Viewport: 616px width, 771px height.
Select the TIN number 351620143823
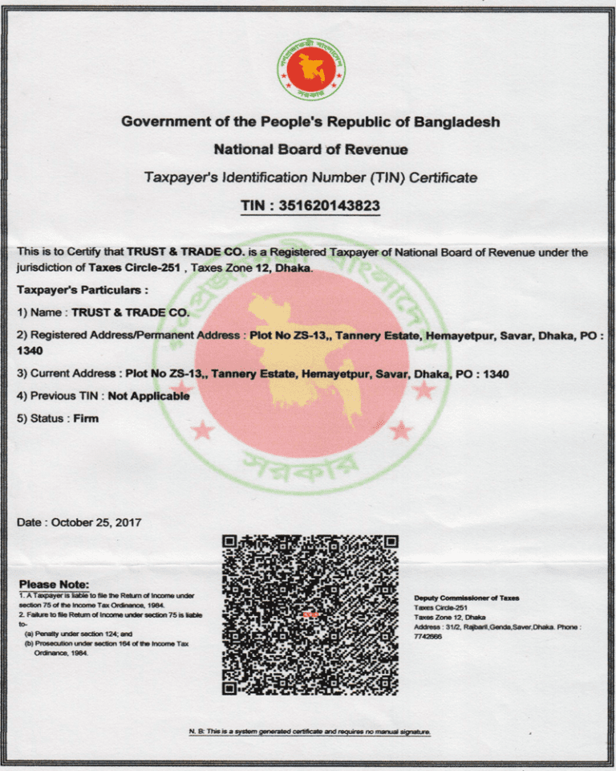328,206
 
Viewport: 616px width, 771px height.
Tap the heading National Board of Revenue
310,149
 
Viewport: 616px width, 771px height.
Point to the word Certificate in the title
444,177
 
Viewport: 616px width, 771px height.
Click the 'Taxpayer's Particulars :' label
82,289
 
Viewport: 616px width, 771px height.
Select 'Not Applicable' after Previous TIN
148,396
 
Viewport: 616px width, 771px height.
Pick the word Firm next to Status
86,418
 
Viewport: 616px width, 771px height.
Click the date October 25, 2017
96,522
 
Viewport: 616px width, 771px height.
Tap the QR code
310,614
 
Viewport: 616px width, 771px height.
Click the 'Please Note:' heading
54,584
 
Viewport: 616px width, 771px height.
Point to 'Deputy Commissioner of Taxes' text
467,598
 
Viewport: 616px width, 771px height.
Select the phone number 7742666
429,636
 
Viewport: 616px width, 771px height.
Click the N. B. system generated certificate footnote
310,732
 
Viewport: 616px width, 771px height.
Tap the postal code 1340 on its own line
30,351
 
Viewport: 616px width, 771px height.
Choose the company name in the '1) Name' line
131,312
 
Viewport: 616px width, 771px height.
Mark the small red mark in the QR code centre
310,614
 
